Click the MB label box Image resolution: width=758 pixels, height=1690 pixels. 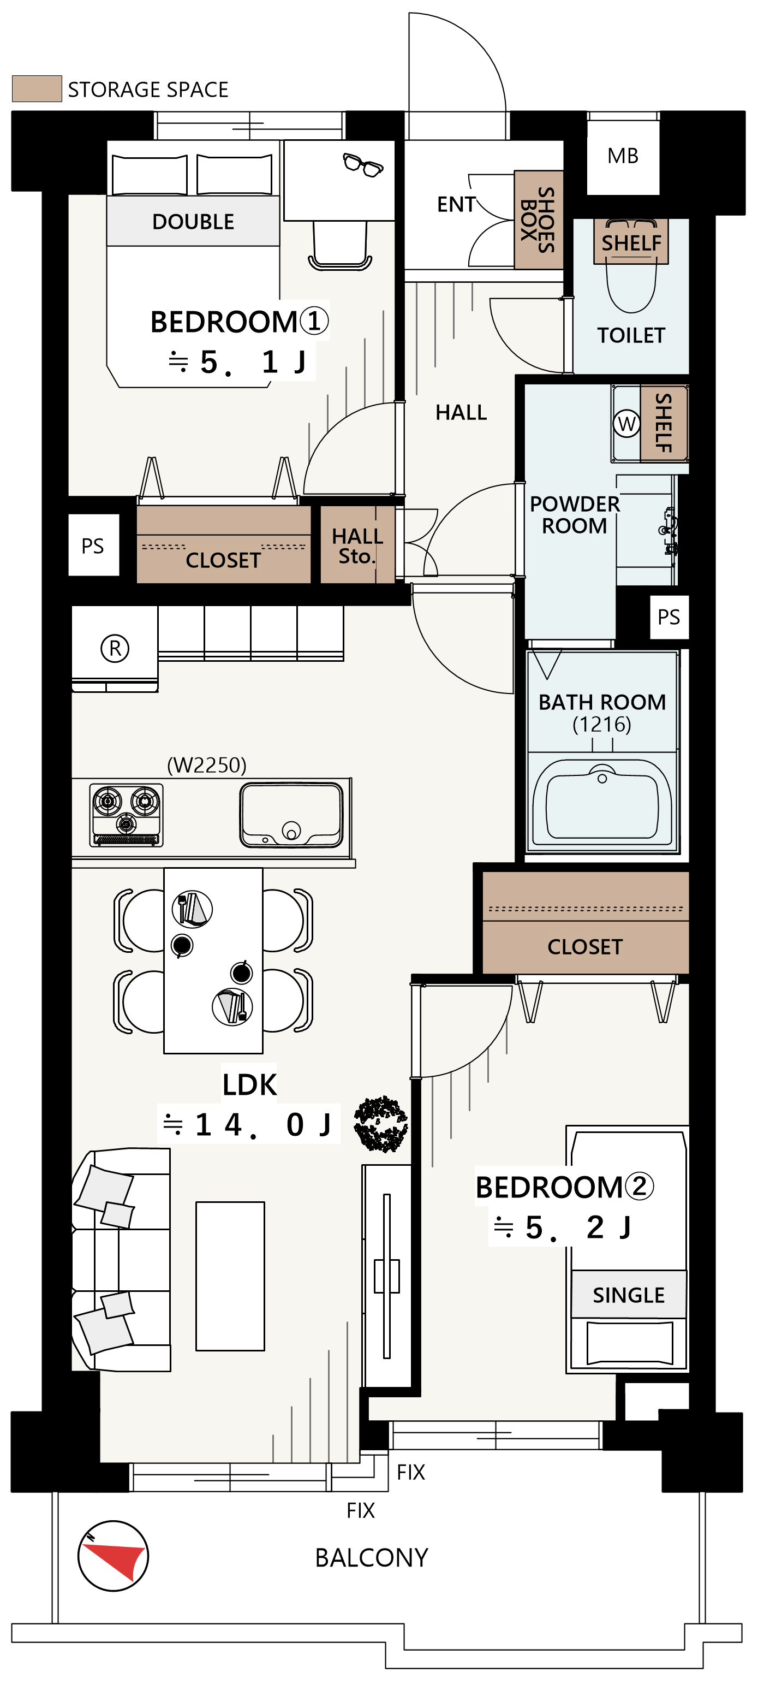622,156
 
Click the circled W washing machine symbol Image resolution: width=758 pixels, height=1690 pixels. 626,424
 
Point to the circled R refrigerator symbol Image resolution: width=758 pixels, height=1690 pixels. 115,648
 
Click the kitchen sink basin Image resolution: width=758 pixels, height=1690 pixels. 291,815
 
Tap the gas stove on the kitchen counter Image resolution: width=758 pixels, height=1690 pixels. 126,815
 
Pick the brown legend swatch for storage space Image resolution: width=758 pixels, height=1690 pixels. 37,88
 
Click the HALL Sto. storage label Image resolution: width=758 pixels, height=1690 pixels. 357,546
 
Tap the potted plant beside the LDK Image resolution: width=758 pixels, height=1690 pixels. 380,1124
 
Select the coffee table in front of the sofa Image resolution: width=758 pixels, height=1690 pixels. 230,1276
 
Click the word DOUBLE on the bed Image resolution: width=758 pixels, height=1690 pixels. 193,222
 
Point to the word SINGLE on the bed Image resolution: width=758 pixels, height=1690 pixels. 628,1295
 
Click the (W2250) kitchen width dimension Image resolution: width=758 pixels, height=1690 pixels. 206,765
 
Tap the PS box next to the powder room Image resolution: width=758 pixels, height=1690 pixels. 669,616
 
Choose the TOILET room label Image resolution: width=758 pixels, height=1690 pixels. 631,335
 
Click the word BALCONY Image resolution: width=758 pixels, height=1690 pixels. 371,1557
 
